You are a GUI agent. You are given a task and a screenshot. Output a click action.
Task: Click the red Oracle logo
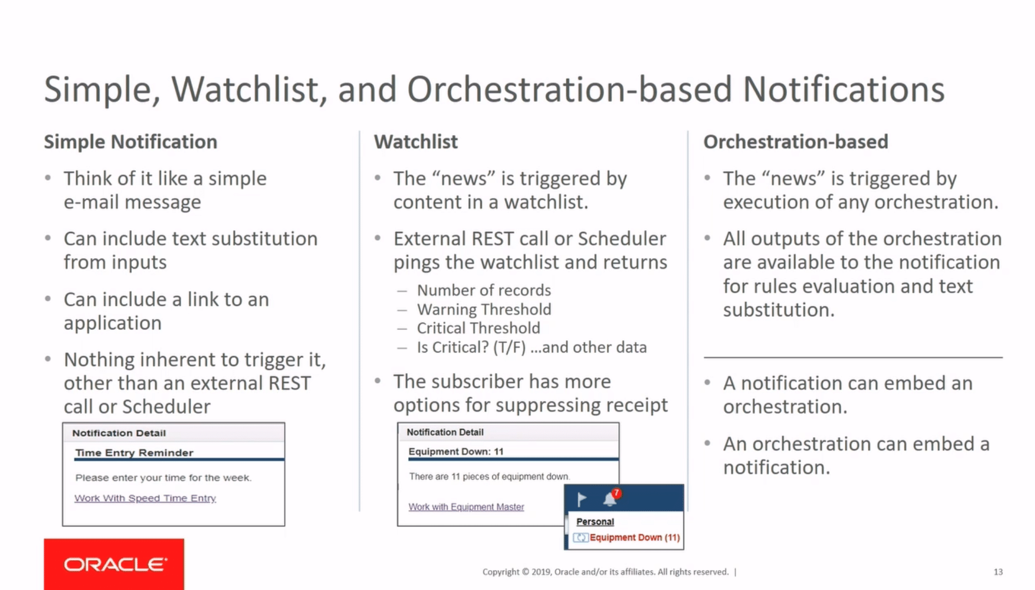pyautogui.click(x=114, y=564)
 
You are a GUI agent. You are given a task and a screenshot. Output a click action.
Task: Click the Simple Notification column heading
pyautogui.click(x=130, y=142)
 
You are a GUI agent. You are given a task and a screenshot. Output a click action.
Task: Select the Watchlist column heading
pyautogui.click(x=416, y=142)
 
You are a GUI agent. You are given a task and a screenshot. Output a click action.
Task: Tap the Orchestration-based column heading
pyautogui.click(x=795, y=142)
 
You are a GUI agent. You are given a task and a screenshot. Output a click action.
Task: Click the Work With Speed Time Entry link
pyautogui.click(x=145, y=498)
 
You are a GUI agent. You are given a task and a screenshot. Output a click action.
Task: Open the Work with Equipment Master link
pyautogui.click(x=466, y=507)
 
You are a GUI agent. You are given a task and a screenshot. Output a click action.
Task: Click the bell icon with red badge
pyautogui.click(x=610, y=499)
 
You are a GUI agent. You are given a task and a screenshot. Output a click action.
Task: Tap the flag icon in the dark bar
pyautogui.click(x=582, y=499)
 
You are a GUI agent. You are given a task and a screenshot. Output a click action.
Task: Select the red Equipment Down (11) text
pyautogui.click(x=634, y=537)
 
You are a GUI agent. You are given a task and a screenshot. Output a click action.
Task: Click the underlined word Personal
pyautogui.click(x=595, y=522)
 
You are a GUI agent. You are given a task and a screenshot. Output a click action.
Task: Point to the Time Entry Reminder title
pyautogui.click(x=134, y=452)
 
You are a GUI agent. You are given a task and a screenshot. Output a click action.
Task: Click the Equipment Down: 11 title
pyautogui.click(x=456, y=451)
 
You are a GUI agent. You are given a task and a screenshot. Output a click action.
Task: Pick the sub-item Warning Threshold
pyautogui.click(x=484, y=309)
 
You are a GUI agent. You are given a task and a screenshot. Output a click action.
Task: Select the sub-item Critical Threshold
pyautogui.click(x=478, y=328)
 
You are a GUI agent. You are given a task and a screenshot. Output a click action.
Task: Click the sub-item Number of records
pyautogui.click(x=483, y=291)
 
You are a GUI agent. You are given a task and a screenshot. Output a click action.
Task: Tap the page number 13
pyautogui.click(x=998, y=572)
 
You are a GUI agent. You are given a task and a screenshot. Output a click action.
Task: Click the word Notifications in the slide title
pyautogui.click(x=843, y=89)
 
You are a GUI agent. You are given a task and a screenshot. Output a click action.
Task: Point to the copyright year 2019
pyautogui.click(x=541, y=572)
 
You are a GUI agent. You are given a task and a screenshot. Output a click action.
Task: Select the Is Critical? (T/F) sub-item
pyautogui.click(x=471, y=347)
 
